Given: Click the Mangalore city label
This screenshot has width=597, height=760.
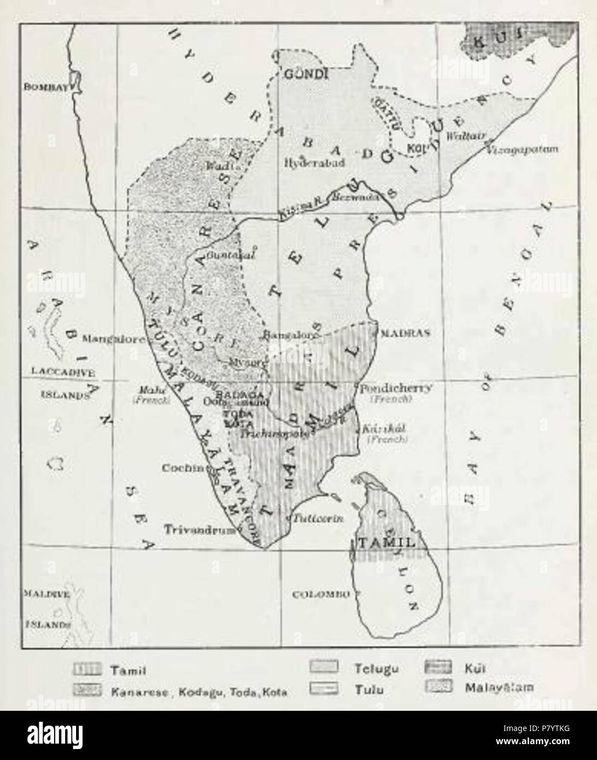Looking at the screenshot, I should tap(113, 338).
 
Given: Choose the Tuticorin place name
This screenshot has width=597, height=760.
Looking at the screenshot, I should tap(319, 519).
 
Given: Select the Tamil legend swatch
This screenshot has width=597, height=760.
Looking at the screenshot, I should tap(86, 669).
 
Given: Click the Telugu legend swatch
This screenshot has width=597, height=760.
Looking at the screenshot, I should tap(323, 668).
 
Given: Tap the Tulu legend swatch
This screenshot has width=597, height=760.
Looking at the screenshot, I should tap(323, 688).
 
